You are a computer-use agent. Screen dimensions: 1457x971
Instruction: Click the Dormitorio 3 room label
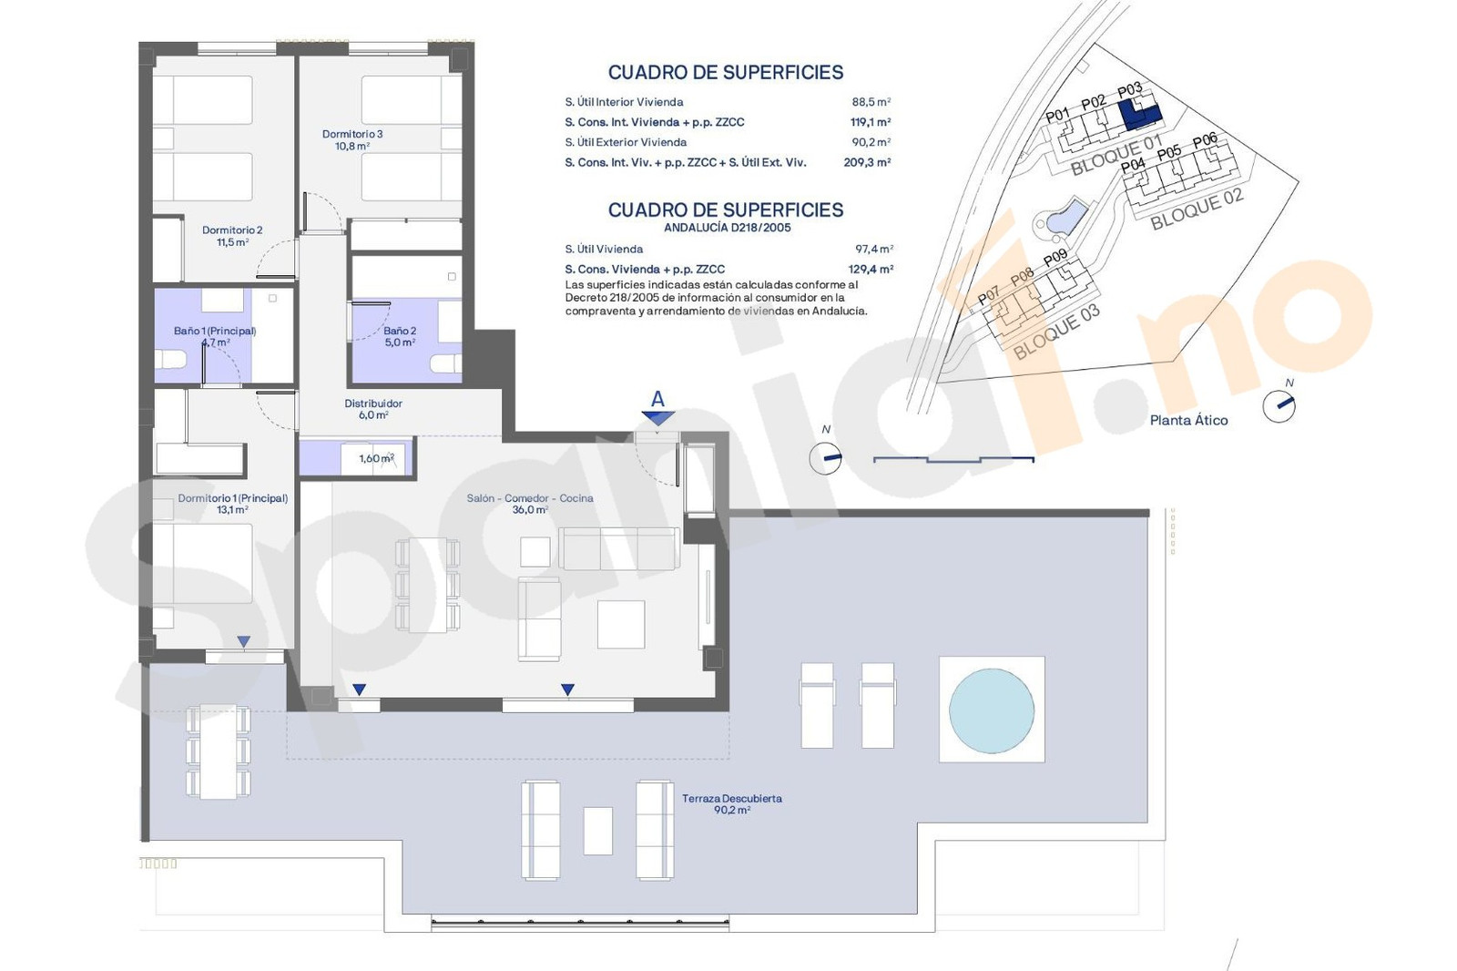pyautogui.click(x=352, y=140)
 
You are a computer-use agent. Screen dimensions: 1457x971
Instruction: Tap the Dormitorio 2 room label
pyautogui.click(x=232, y=236)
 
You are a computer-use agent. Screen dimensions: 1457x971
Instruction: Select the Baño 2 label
pyautogui.click(x=400, y=336)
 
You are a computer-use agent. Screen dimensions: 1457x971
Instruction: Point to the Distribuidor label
pyautogui.click(x=373, y=409)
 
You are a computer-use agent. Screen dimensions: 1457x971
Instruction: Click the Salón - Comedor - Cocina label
pyautogui.click(x=530, y=504)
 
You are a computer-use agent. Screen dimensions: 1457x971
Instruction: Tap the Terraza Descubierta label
pyautogui.click(x=732, y=803)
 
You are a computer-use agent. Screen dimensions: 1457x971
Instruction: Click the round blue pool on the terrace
pyautogui.click(x=992, y=710)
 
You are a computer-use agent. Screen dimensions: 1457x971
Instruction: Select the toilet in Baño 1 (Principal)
pyautogui.click(x=170, y=359)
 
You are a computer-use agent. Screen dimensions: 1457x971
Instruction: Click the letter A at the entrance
pyautogui.click(x=657, y=399)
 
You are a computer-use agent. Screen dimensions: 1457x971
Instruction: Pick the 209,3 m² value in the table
pyautogui.click(x=867, y=162)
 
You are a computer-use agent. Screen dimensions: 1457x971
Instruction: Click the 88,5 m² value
pyautogui.click(x=871, y=101)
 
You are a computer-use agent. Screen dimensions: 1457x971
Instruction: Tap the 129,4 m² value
pyautogui.click(x=871, y=269)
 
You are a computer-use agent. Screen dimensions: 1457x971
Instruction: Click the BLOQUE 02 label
pyautogui.click(x=1197, y=209)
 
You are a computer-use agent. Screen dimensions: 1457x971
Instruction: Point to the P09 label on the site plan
pyautogui.click(x=1055, y=258)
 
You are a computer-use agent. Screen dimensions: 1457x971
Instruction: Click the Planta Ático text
pyautogui.click(x=1189, y=421)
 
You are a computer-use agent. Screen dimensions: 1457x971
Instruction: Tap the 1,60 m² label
pyautogui.click(x=377, y=458)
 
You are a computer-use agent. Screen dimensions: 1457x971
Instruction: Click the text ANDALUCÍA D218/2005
pyautogui.click(x=728, y=228)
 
